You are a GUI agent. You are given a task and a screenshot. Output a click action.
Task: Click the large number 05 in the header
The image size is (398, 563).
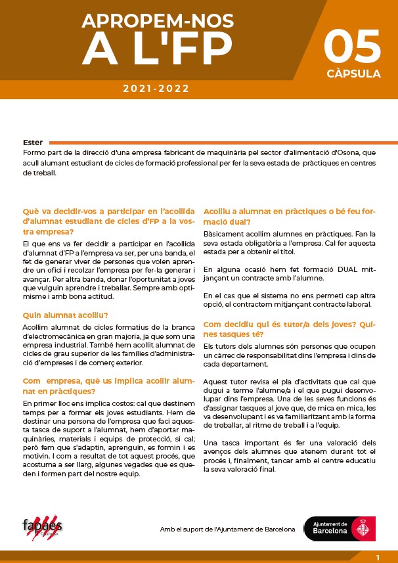tap(352, 46)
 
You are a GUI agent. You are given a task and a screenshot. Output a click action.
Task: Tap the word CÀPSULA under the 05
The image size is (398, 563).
tap(353, 74)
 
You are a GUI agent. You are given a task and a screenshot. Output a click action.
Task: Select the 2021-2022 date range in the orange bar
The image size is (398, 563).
tap(156, 89)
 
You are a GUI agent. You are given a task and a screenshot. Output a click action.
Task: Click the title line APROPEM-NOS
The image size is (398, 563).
tap(157, 21)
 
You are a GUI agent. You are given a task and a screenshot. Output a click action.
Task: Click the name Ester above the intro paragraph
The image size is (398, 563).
tap(32, 143)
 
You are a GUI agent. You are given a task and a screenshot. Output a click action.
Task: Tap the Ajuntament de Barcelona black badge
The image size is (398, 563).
tap(340, 529)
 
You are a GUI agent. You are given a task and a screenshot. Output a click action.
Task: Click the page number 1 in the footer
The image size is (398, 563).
tap(378, 557)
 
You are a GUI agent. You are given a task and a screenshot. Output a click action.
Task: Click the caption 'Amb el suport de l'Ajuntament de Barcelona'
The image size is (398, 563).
tap(227, 529)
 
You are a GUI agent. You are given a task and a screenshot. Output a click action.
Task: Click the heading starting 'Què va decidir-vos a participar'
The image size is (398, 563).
tap(109, 222)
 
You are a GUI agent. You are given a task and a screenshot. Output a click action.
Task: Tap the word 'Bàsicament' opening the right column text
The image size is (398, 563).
tap(222, 234)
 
